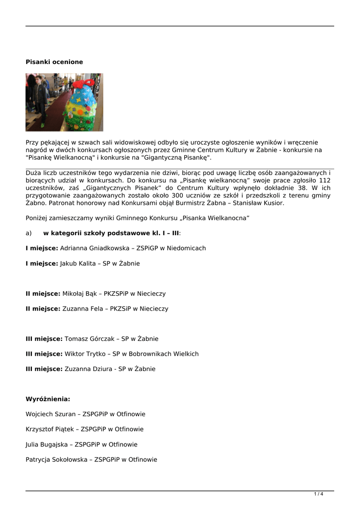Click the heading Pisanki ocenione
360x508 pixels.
tap(54, 62)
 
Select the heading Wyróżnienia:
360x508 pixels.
tap(48, 399)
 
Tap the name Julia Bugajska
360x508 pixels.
tap(47, 444)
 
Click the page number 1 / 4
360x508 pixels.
tap(318, 494)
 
